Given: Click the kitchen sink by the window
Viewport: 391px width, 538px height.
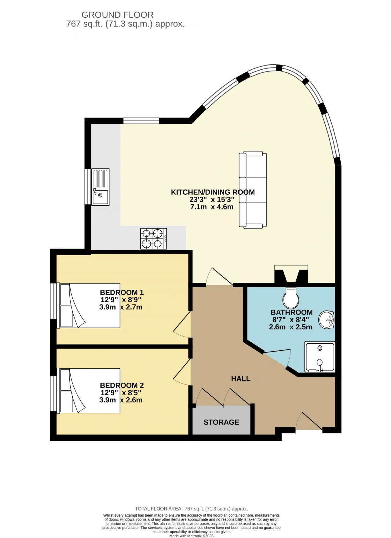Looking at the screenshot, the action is (x=100, y=187).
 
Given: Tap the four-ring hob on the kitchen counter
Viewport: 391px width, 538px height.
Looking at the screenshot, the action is (x=154, y=239).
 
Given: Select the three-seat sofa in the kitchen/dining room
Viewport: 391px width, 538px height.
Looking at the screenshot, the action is (x=253, y=190).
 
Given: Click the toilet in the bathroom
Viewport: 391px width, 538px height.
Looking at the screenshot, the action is (x=291, y=298).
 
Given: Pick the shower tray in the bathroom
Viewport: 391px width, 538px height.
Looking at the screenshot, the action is (x=320, y=357).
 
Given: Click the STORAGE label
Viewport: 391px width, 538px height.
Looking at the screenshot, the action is (x=221, y=422).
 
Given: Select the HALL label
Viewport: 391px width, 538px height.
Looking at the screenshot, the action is (x=241, y=379).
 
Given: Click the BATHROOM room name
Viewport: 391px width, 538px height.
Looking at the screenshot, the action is (x=292, y=312).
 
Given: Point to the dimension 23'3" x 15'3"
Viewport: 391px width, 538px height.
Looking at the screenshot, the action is (x=212, y=200).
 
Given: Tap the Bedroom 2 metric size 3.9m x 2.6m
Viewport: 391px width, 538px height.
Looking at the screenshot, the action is (x=121, y=400).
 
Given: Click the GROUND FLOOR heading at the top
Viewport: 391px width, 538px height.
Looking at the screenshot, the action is (x=118, y=15).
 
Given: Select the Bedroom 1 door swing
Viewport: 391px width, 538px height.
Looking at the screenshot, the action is (x=182, y=325).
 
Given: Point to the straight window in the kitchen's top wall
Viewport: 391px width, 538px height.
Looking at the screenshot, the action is (x=141, y=121).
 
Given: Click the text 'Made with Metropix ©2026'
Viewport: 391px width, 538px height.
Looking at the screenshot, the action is (x=192, y=536).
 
